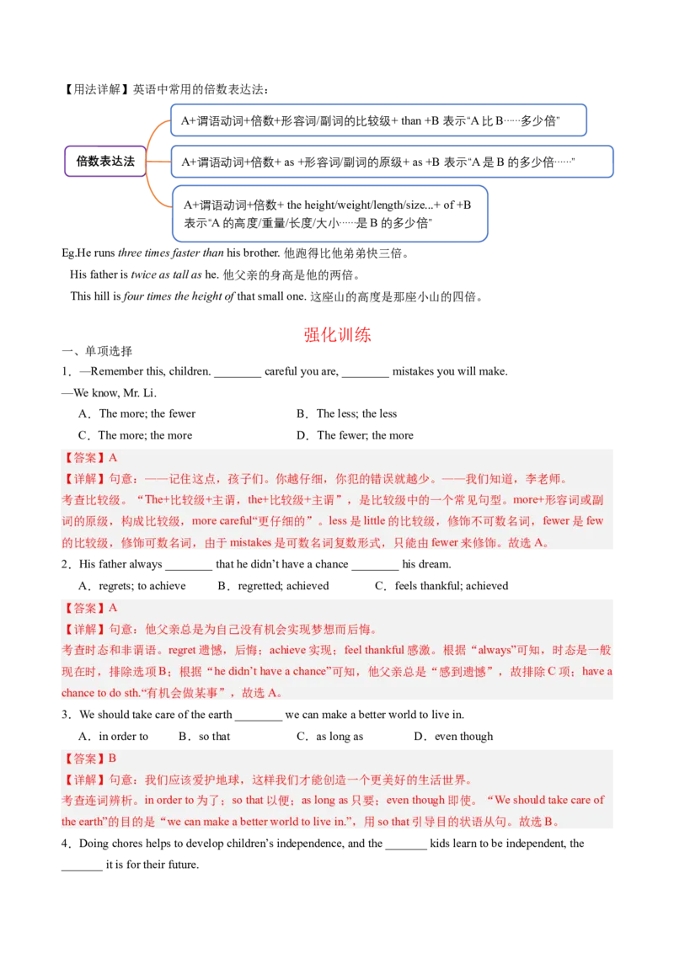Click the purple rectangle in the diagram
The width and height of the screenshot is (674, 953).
pos(104,162)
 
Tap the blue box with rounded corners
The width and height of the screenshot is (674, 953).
pos(329,214)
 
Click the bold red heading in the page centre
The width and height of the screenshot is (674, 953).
pos(337,335)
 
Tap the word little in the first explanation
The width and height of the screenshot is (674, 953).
pos(374,521)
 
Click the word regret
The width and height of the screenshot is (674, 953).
pos(182,650)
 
